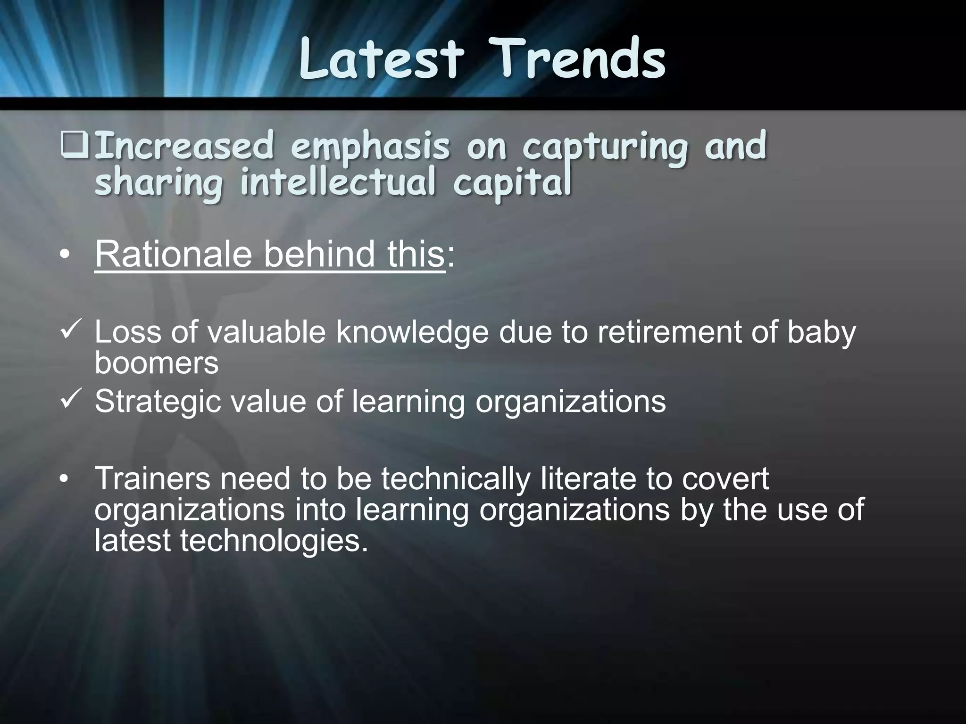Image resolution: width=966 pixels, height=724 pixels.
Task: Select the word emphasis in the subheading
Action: click(370, 147)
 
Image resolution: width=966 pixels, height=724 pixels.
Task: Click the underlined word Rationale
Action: click(174, 255)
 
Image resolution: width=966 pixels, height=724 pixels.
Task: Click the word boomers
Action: click(157, 362)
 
